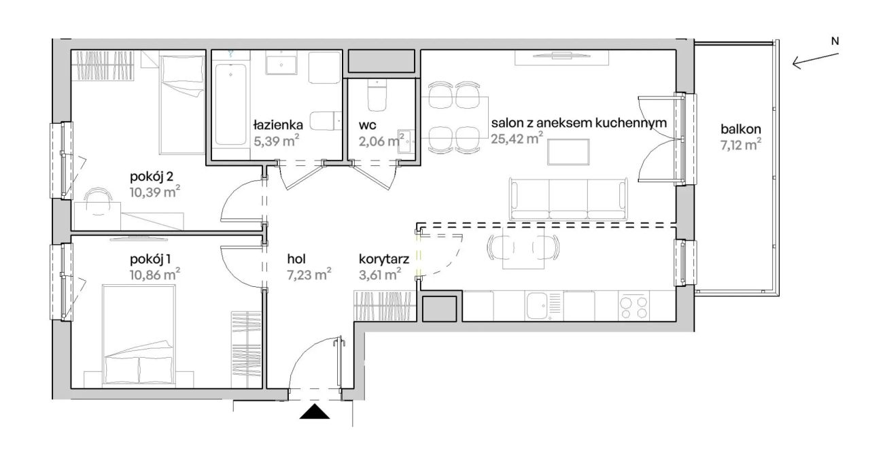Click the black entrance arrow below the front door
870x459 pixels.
point(315,411)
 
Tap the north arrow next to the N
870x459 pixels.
point(815,61)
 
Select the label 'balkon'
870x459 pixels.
point(741,129)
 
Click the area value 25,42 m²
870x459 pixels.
point(517,138)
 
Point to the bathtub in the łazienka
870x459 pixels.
point(230,105)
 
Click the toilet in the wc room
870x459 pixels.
point(377,95)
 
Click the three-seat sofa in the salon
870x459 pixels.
point(568,199)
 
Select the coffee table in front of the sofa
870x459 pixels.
point(568,152)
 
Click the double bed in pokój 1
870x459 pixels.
point(139,335)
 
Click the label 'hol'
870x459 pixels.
point(296,259)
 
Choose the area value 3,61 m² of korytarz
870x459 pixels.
point(380,275)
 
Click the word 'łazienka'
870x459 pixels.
point(278,124)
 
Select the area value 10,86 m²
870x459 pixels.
point(155,275)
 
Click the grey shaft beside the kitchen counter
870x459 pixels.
point(439,309)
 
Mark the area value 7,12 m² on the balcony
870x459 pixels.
point(741,145)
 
